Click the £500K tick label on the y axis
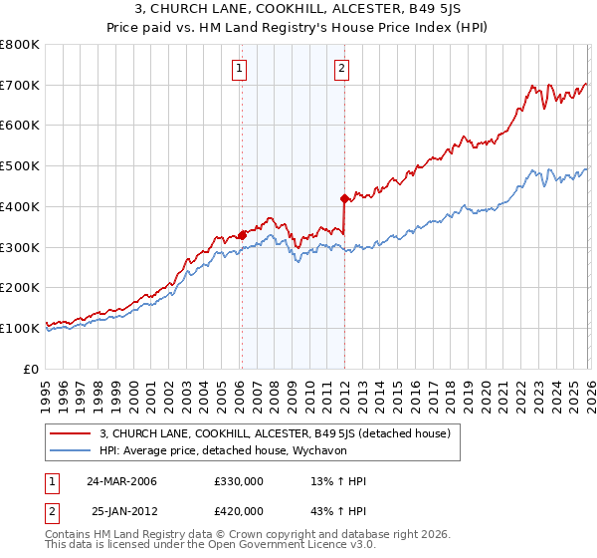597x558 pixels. pos(20,166)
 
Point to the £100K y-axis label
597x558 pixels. pos(20,328)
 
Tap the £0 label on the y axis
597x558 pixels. pos(30,369)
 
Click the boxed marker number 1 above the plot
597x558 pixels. pos(241,69)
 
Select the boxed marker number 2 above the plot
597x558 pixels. pos(341,69)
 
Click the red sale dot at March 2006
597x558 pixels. pos(242,235)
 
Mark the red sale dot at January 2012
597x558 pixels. pos(344,198)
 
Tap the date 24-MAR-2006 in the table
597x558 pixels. pos(122,481)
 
